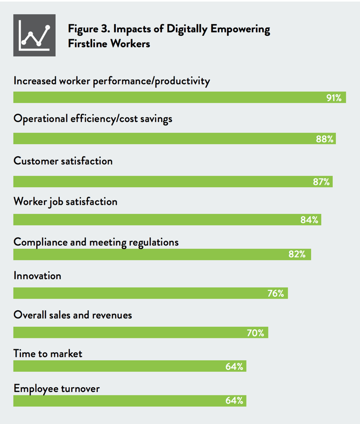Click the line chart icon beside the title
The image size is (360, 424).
[34, 35]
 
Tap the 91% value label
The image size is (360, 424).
[334, 98]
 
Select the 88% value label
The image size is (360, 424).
[325, 139]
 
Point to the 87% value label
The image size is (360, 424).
[321, 182]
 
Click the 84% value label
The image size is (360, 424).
[309, 220]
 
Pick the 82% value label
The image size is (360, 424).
[297, 254]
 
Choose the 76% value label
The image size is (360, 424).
[276, 293]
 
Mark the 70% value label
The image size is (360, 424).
[255, 333]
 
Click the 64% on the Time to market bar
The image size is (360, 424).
[234, 366]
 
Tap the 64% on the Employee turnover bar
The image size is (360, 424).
[234, 401]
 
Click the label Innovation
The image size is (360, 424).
[37, 276]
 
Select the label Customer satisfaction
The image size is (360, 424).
[63, 161]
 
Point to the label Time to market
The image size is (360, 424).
[48, 354]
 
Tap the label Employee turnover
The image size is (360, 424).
[57, 388]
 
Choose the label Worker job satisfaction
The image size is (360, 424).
[65, 201]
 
